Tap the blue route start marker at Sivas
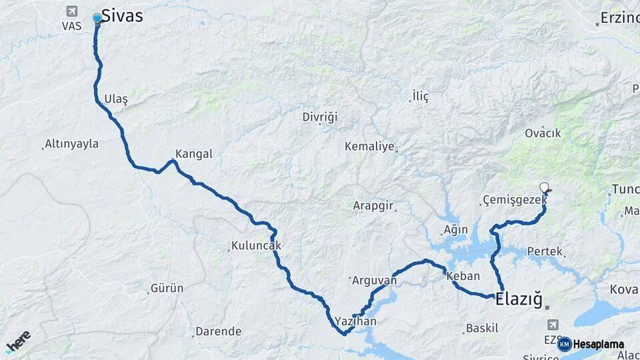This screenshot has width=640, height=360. coord(97,18)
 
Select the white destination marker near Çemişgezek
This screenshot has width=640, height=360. coord(545,188)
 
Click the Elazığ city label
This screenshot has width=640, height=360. coord(519,299)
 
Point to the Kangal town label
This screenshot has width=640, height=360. coord(193,154)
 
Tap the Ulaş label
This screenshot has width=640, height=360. coord(115,99)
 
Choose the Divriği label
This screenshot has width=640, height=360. coord(320,117)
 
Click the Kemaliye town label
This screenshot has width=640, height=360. coord(369,147)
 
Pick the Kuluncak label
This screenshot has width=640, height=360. coord(256,245)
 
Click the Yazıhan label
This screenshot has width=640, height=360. coord(356,321)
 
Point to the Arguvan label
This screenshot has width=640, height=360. coord(374,281)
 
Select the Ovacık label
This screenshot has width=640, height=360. coord(543,133)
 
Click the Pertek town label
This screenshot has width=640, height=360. coord(545,252)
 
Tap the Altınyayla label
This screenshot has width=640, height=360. coord(71,144)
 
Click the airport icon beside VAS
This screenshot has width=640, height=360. coord(71,11)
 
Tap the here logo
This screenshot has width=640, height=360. coord(18,341)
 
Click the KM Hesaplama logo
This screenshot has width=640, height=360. coord(591,344)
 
